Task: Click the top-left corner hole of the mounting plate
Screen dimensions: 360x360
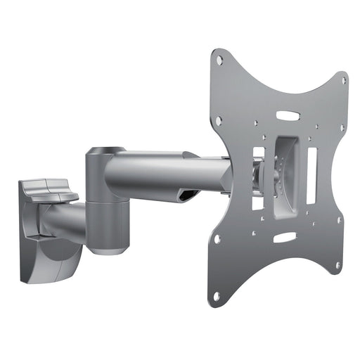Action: tap(219, 61)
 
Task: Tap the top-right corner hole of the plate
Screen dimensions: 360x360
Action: tap(343, 81)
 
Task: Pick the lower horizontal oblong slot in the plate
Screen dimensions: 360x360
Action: tap(283, 238)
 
